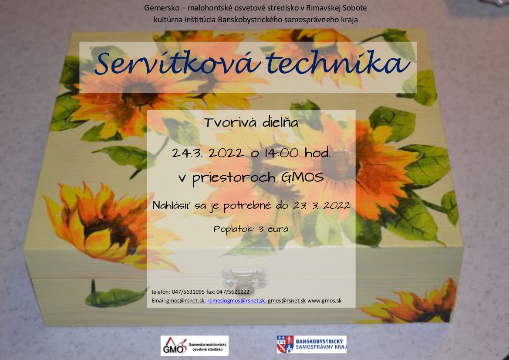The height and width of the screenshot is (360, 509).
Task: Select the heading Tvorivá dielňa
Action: pos(251,122)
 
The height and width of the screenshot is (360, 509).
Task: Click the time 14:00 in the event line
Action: pos(281,153)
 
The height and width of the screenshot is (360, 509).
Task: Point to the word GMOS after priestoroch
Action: pos(303,177)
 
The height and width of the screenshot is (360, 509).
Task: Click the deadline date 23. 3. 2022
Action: pos(322,205)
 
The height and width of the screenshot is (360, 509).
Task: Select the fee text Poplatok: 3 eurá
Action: pos(251,229)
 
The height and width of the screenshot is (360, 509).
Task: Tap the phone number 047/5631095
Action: pos(188,292)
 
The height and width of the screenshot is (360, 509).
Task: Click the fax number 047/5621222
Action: pos(233,292)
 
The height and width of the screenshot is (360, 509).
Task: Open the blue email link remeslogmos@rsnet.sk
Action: pos(236,301)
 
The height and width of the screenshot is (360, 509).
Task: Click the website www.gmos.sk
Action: pos(324,301)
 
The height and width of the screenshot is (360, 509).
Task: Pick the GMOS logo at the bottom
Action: pos(195,346)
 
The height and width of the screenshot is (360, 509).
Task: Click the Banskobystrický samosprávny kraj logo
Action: pos(312,344)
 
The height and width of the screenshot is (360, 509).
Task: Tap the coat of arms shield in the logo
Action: pos(285,344)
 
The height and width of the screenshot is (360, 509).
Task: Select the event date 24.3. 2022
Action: pos(208,153)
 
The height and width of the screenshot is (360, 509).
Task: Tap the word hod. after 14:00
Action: pos(317,153)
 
